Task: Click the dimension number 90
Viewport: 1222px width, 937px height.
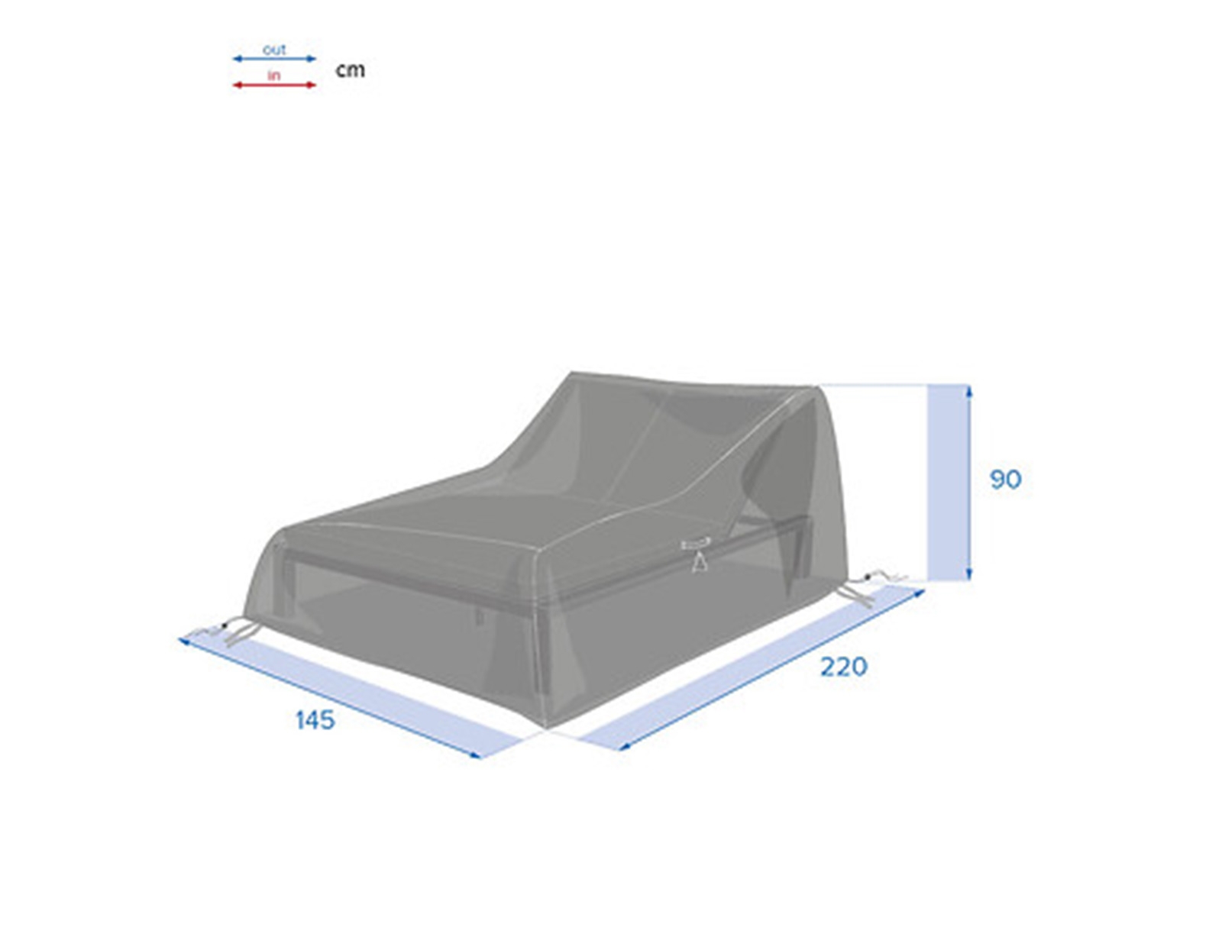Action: point(1006,480)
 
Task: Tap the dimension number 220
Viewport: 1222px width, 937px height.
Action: point(843,667)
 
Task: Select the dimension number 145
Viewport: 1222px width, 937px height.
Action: point(315,720)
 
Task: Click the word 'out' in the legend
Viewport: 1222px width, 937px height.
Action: point(274,50)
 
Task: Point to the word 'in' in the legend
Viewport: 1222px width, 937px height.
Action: point(274,75)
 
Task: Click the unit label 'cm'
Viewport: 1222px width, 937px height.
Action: point(351,70)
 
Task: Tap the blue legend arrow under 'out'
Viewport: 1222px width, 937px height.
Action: point(274,59)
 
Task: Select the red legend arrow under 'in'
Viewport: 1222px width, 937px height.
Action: point(274,85)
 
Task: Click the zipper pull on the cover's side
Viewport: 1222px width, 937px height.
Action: point(699,555)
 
